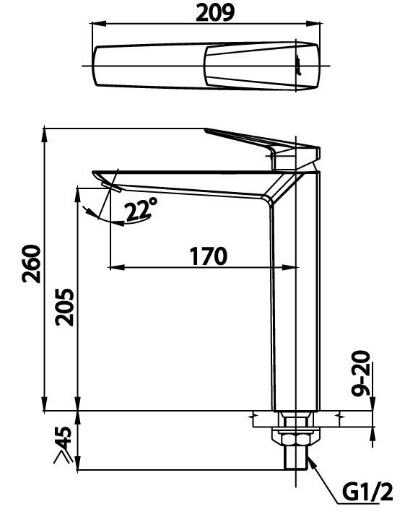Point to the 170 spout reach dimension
coord(208,255)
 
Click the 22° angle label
coord(140,210)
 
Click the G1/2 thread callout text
coord(366,493)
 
